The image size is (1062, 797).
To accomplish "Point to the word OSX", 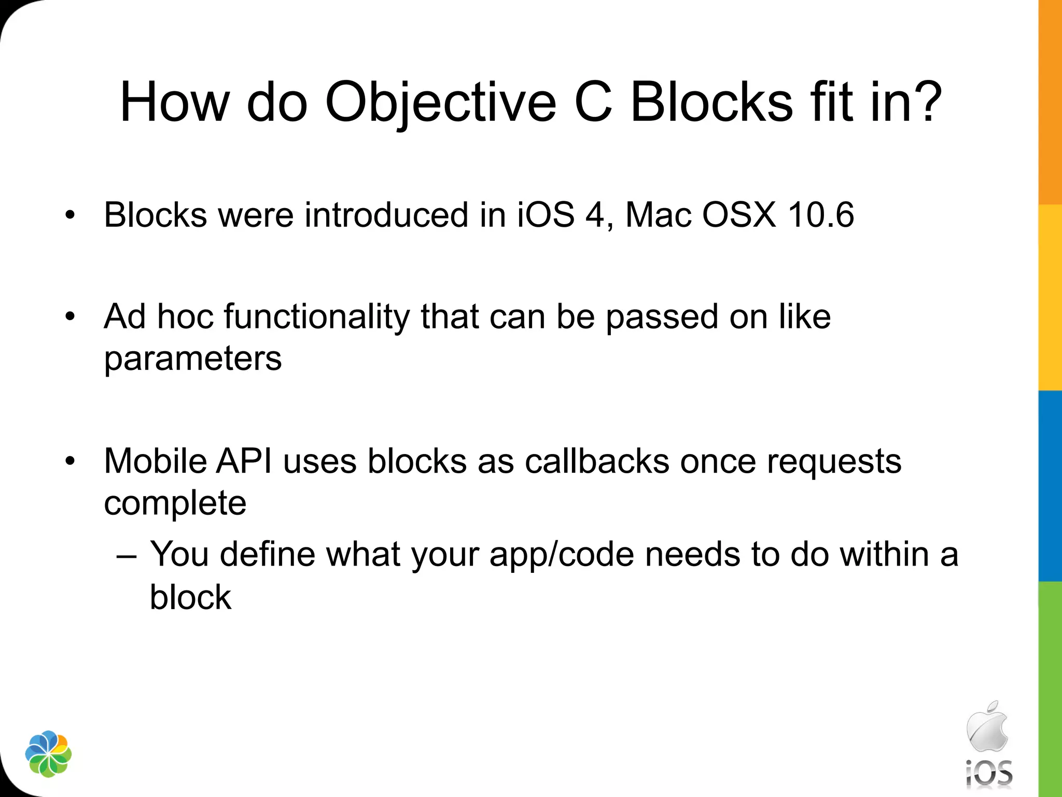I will (739, 215).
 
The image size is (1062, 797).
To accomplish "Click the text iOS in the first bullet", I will (546, 215).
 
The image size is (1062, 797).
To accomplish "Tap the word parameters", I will (192, 358).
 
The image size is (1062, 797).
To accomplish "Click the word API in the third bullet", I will (244, 461).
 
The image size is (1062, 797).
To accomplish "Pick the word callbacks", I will (597, 461).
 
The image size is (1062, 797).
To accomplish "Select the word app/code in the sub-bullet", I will (562, 554).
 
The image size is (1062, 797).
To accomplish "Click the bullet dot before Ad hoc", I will (71, 317).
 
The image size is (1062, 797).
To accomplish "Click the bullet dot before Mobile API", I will (71, 461).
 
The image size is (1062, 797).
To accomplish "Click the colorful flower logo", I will (48, 754).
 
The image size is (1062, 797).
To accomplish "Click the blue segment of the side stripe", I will (1050, 485).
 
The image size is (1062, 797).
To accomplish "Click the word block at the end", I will (190, 597).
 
